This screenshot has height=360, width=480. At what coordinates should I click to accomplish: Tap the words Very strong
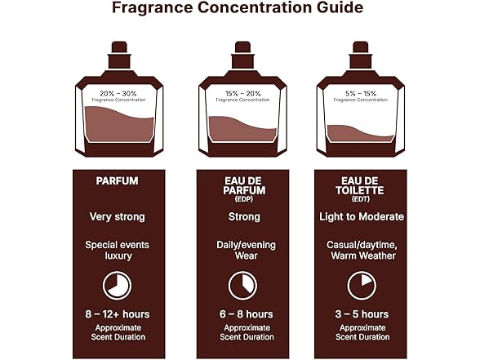pyautogui.click(x=117, y=217)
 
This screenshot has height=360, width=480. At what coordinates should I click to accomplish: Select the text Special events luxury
pyautogui.click(x=117, y=250)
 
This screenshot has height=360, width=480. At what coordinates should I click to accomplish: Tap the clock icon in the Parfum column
pyautogui.click(x=117, y=285)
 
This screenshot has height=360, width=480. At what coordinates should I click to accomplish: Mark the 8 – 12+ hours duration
pyautogui.click(x=117, y=314)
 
